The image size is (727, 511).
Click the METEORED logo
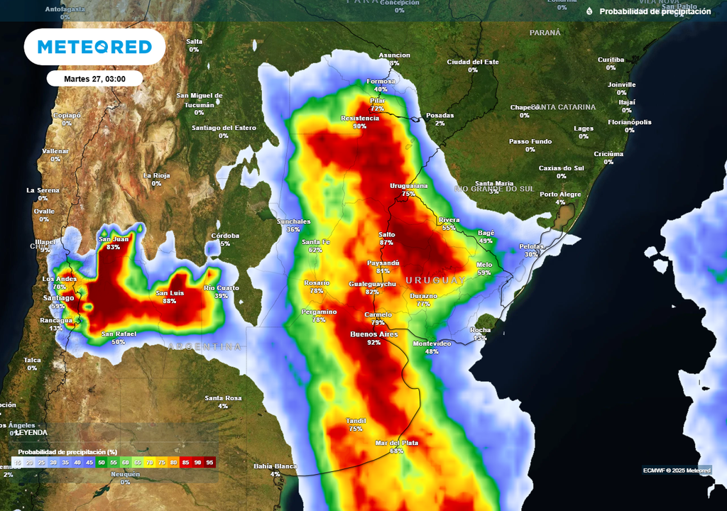coord(94,47)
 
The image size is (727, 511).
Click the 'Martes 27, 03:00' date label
coord(94,78)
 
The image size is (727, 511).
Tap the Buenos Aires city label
coord(374,334)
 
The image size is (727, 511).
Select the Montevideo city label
coord(432,344)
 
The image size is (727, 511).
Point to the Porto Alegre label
coord(560,194)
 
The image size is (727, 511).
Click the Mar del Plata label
coord(397,443)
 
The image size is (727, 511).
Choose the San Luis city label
coord(170,293)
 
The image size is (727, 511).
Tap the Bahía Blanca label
coord(275,466)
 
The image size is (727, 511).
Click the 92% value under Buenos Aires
coord(374,342)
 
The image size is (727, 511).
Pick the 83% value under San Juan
coord(114,247)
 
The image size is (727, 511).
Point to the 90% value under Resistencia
coord(360,126)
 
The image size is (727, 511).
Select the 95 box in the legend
coord(209,462)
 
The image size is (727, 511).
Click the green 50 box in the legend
coord(101,462)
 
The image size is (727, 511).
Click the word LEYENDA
coord(31,432)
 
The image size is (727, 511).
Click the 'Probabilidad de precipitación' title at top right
coord(655,11)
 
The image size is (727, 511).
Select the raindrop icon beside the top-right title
coord(589,11)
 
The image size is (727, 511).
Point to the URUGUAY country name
coord(436,281)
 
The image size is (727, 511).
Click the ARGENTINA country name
coord(205,347)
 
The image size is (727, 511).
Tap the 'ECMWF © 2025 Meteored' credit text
coord(677,470)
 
